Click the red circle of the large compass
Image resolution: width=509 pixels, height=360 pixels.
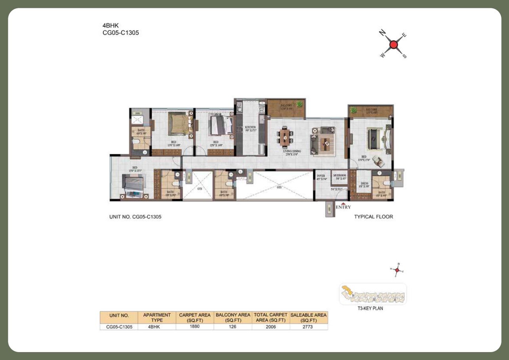[x=393, y=45]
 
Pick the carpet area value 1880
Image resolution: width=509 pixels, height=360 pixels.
[x=194, y=327]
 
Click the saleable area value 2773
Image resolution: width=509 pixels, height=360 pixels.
[x=309, y=327]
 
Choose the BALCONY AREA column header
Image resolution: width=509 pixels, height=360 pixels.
[x=233, y=317]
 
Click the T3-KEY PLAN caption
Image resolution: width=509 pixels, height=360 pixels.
[x=372, y=309]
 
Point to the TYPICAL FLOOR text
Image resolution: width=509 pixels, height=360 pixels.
[x=374, y=217]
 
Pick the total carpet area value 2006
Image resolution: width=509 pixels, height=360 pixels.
[x=271, y=327]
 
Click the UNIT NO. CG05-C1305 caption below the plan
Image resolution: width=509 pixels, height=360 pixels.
[x=135, y=217]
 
